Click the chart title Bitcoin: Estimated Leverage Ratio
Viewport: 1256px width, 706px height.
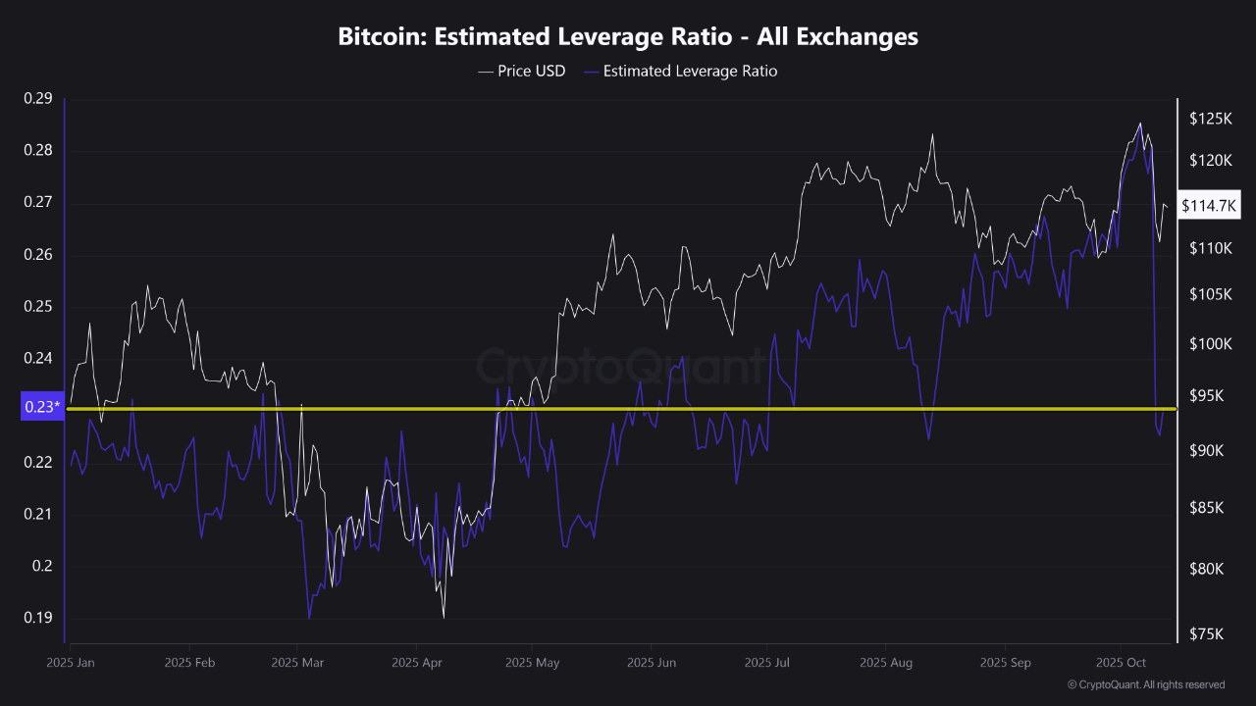pyautogui.click(x=628, y=36)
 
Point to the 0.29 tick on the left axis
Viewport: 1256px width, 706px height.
pyautogui.click(x=38, y=98)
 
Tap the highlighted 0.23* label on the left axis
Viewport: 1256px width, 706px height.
pyautogui.click(x=40, y=408)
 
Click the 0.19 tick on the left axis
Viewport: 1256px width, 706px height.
pyautogui.click(x=38, y=618)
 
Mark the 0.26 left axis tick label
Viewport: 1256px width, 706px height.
pyautogui.click(x=38, y=255)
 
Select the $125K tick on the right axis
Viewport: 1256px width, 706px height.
pyautogui.click(x=1209, y=119)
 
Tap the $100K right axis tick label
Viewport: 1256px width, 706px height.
pyautogui.click(x=1209, y=344)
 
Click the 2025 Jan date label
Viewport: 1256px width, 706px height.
pyautogui.click(x=71, y=663)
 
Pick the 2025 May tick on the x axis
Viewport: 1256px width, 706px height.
pyautogui.click(x=532, y=663)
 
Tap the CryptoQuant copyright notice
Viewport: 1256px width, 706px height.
pyautogui.click(x=1145, y=684)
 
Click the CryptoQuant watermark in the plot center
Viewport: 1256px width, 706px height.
pyautogui.click(x=620, y=368)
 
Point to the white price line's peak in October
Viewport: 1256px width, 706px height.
pyautogui.click(x=1139, y=124)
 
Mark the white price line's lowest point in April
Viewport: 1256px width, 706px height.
pyautogui.click(x=444, y=618)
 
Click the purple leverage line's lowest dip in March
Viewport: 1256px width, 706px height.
pyautogui.click(x=309, y=618)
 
